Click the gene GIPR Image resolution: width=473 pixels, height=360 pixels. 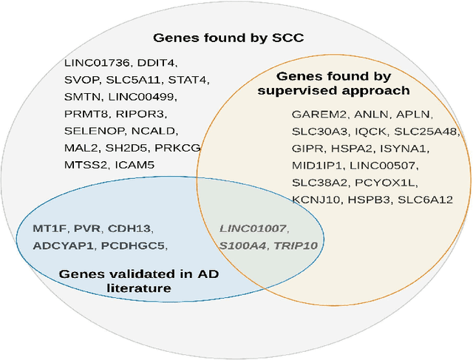point(305,149)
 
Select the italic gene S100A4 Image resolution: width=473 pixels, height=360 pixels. point(241,245)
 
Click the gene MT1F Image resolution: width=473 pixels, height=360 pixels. point(49,228)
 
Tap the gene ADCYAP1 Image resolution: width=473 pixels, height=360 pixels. point(62,245)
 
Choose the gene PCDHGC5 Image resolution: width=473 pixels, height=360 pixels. point(134,245)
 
